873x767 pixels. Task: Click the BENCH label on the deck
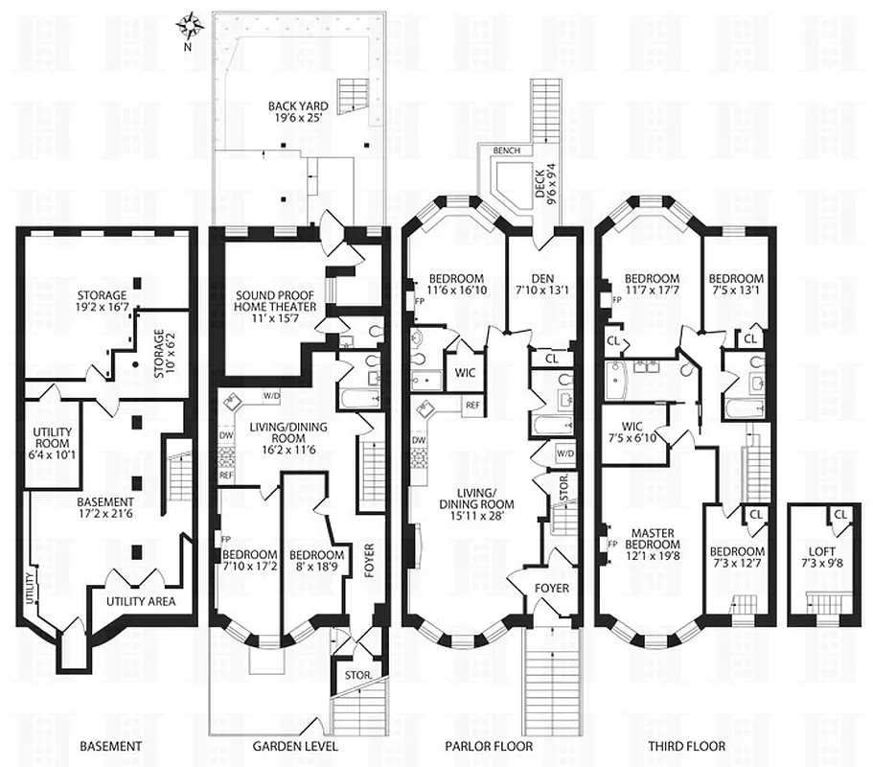coord(506,151)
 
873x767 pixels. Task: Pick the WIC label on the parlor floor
coord(465,371)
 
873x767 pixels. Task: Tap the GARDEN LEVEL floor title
coord(295,746)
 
